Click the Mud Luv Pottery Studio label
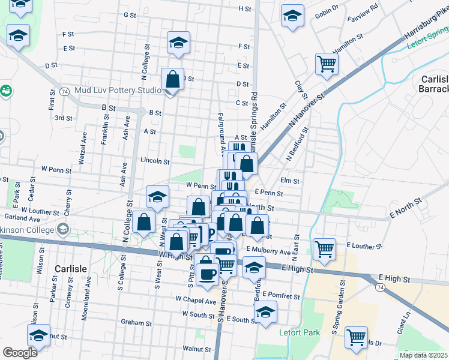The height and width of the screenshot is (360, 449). pyautogui.click(x=118, y=91)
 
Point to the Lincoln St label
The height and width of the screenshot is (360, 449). pyautogui.click(x=155, y=161)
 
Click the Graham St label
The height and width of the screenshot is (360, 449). pyautogui.click(x=136, y=323)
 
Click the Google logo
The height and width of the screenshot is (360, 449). pyautogui.click(x=20, y=353)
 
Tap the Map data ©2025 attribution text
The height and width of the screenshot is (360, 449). pyautogui.click(x=423, y=355)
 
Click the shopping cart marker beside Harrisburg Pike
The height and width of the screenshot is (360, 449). pyautogui.click(x=327, y=62)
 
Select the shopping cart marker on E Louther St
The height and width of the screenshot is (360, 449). pyautogui.click(x=325, y=247)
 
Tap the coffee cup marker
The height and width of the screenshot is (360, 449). pyautogui.click(x=208, y=273)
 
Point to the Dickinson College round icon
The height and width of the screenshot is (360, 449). pyautogui.click(x=62, y=229)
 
